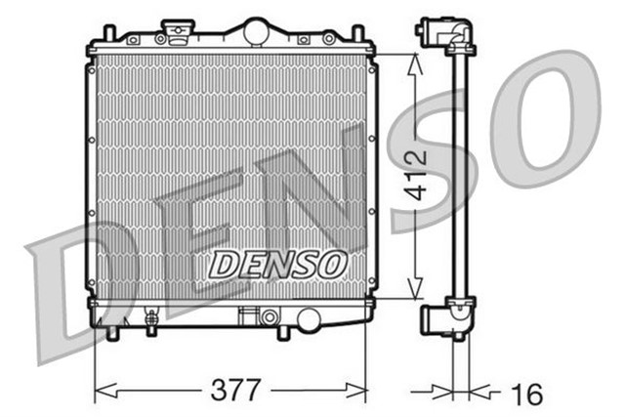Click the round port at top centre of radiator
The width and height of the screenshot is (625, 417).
point(256,30)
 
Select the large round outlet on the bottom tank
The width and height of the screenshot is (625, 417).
point(309,319)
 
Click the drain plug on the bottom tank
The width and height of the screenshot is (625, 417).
point(151,318)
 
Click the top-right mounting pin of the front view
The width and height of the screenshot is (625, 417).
point(358,34)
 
